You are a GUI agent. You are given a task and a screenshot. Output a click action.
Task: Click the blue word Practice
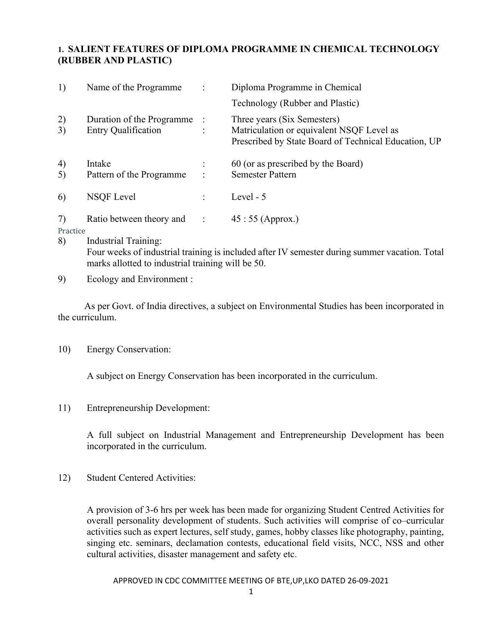pos(71,231)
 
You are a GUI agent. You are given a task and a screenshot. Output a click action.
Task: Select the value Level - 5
pos(248,197)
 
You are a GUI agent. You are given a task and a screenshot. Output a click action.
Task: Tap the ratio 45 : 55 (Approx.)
pos(265,219)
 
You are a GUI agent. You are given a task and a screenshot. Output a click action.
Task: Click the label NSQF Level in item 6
pos(111,197)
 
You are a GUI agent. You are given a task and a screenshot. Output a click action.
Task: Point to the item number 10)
pos(64,349)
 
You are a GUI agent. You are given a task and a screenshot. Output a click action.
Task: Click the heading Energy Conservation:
pos(128,349)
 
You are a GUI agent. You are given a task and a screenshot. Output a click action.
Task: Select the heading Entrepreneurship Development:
pos(148,408)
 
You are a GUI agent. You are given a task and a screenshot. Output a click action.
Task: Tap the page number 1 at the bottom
pos(251,592)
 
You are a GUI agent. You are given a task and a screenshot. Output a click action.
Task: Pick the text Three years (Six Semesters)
pos(285,119)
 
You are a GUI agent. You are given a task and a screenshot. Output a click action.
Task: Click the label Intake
pos(98,164)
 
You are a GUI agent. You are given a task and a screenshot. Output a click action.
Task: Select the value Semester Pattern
pos(264,174)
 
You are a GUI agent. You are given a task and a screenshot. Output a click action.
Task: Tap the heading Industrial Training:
pos(124,241)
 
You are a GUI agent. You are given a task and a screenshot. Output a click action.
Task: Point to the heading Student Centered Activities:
pos(141,478)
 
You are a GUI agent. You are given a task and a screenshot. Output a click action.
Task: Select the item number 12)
pos(64,478)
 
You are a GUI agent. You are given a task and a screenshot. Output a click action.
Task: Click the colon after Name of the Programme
pos(203,87)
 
